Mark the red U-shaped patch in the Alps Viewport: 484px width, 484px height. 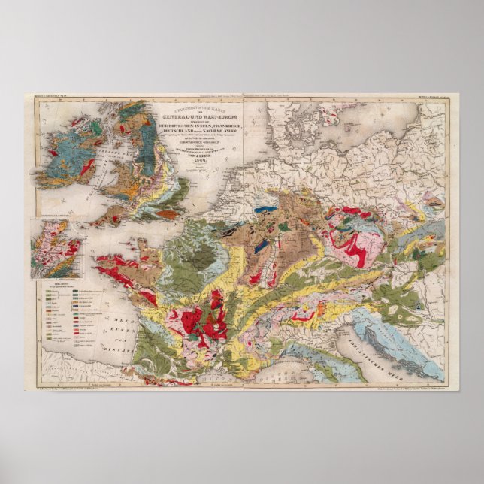(x=304, y=316)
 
